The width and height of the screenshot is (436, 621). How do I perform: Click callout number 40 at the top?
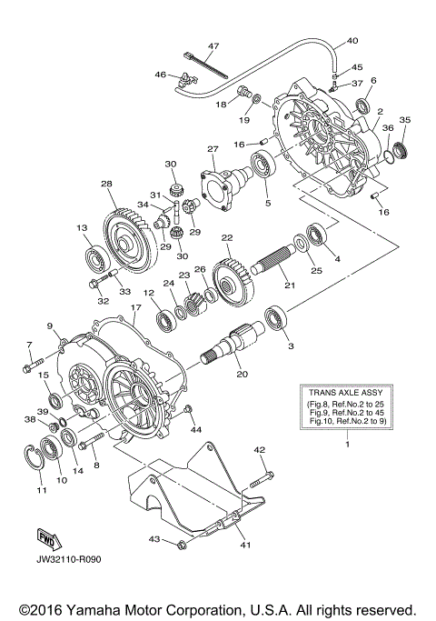(352, 41)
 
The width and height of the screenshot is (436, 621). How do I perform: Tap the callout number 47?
(214, 45)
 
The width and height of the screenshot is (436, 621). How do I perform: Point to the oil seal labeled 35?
(401, 144)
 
